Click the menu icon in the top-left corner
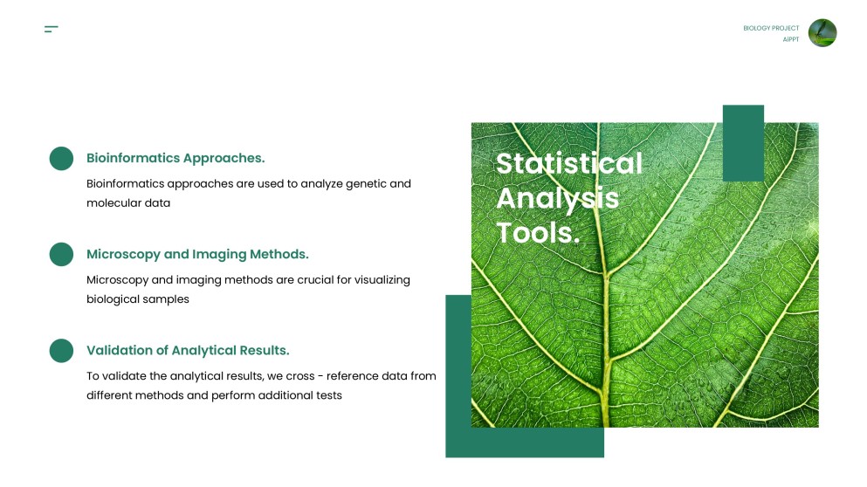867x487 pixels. (x=51, y=30)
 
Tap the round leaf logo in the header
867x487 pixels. (x=822, y=33)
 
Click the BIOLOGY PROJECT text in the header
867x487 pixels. (x=771, y=28)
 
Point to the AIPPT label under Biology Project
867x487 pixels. (x=790, y=39)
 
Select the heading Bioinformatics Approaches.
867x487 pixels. (x=175, y=158)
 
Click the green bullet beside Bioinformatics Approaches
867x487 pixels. (x=61, y=159)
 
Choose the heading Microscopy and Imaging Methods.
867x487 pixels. (x=197, y=254)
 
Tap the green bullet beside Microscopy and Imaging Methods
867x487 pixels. (x=61, y=255)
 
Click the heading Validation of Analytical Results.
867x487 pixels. (x=188, y=350)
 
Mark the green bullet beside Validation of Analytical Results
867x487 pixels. (x=61, y=351)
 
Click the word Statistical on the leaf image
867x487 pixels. (x=568, y=163)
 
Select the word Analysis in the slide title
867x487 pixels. (x=557, y=198)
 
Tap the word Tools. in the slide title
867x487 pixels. (x=538, y=232)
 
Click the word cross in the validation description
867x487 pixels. (x=300, y=376)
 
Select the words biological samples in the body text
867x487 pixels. (x=137, y=298)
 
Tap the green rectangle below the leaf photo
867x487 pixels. (x=524, y=442)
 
